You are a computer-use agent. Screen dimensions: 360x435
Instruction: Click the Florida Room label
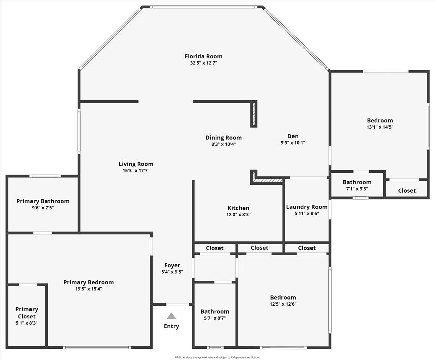pos(203,56)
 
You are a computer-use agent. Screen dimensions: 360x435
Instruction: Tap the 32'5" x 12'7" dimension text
pos(203,63)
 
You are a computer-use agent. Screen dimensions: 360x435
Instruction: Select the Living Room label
pos(136,164)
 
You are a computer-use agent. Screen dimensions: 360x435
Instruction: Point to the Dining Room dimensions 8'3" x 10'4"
pos(223,144)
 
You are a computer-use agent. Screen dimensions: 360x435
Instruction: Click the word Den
pos(293,136)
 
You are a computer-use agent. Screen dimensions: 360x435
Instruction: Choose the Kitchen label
pos(238,208)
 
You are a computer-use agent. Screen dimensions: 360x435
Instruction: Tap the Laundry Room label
pos(307,207)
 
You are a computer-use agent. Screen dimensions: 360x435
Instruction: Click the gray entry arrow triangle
pos(171,316)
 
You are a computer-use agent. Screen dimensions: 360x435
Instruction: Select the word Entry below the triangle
pos(171,326)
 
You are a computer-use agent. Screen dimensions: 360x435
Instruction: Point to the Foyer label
pos(172,265)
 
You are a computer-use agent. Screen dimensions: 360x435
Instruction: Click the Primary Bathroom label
pos(43,201)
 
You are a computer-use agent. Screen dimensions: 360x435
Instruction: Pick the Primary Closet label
pos(26,313)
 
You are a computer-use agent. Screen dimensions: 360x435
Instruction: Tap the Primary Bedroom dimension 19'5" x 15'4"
pos(88,289)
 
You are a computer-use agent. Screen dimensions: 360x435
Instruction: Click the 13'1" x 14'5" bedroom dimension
pos(380,127)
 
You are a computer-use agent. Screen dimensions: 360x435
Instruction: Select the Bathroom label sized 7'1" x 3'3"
pos(357,182)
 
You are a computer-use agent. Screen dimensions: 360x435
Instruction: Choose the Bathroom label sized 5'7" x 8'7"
pos(215,311)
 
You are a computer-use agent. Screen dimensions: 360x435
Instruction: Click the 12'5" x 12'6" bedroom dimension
pos(283,304)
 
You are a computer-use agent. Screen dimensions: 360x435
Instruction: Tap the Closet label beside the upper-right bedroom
pos(407,191)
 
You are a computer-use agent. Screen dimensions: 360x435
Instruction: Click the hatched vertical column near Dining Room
pos(254,114)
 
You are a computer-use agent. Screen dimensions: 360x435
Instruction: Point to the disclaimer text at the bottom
pos(217,357)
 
